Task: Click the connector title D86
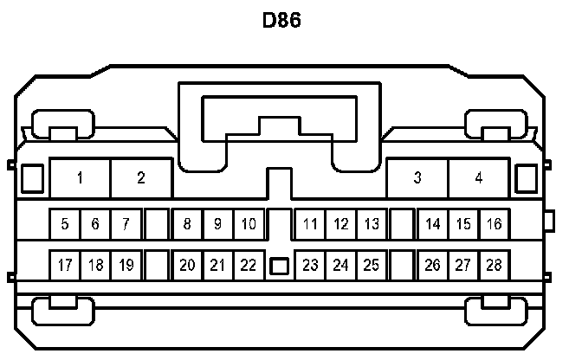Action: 281,20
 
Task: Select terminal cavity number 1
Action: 80,178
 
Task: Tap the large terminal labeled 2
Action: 141,178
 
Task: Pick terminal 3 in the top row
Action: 417,178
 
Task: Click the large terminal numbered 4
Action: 479,178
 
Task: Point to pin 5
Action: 65,224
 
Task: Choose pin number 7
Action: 126,224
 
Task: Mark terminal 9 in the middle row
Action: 217,224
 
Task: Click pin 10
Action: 249,224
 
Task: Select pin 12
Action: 341,224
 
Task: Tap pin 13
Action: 372,224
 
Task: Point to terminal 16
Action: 494,224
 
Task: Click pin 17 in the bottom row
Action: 65,265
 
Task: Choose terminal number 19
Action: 126,265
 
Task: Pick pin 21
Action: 217,265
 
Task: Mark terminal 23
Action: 310,265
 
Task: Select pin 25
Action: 372,265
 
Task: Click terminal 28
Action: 494,265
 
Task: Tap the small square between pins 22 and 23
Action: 279,266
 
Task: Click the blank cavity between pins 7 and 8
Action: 157,224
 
